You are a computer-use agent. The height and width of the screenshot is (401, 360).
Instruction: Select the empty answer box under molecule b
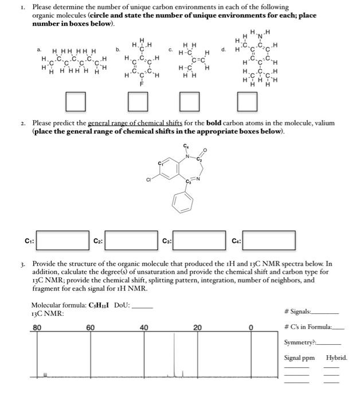click(136, 103)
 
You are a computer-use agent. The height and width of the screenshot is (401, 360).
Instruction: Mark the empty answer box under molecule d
click(246, 103)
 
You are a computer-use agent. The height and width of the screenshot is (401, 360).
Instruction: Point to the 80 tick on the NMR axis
click(37, 327)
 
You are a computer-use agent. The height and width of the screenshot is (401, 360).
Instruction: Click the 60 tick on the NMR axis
click(91, 327)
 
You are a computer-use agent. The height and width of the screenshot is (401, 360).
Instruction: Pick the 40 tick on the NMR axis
click(144, 327)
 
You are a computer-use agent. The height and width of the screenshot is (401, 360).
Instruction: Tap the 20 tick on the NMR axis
click(198, 327)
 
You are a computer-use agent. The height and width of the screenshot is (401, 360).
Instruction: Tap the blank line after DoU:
click(143, 306)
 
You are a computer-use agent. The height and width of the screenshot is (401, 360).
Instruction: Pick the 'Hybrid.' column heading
click(336, 357)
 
